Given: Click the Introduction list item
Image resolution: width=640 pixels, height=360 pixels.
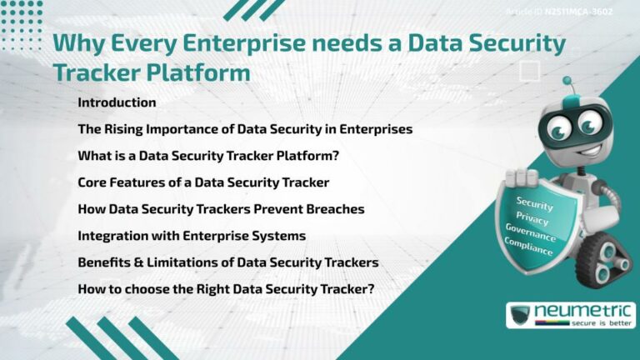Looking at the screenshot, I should coord(117,102).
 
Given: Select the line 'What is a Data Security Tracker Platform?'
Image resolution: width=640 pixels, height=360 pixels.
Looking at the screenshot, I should coord(208,156).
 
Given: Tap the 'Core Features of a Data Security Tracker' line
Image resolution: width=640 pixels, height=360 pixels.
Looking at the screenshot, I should coord(203,182).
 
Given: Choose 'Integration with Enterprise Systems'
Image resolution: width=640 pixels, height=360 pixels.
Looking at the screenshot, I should coord(192,236).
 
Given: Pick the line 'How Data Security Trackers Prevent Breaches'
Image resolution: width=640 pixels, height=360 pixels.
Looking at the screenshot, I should coord(221,209).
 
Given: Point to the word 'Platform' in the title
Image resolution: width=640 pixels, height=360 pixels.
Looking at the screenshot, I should coord(201,72).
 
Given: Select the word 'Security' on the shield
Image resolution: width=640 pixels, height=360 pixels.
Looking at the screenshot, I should coord(534,203).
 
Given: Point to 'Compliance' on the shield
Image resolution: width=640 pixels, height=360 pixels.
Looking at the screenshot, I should coord(527,247).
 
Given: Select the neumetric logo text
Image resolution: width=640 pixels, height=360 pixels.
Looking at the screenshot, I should coord(583,311).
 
